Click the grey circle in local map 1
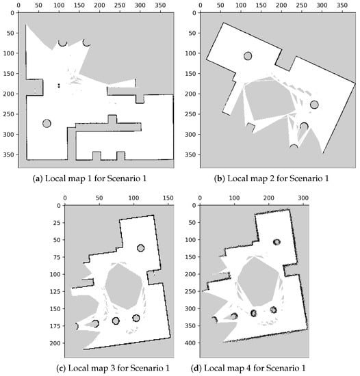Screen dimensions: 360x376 pyautogui.click(x=47, y=124)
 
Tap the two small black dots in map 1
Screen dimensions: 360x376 pyautogui.click(x=59, y=85)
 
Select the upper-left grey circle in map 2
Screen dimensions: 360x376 pyautogui.click(x=248, y=56)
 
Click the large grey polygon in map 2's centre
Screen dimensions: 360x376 pyautogui.click(x=270, y=98)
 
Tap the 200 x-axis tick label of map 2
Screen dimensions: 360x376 pyautogui.click(x=281, y=5)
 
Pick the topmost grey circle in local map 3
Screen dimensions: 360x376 pyautogui.click(x=140, y=248)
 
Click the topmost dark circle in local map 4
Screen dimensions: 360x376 pyautogui.click(x=277, y=242)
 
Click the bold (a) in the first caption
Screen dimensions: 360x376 pyautogui.click(x=38, y=178)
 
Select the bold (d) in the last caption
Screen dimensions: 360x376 pyautogui.click(x=196, y=368)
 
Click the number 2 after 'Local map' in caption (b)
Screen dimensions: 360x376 pyautogui.click(x=272, y=178)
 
